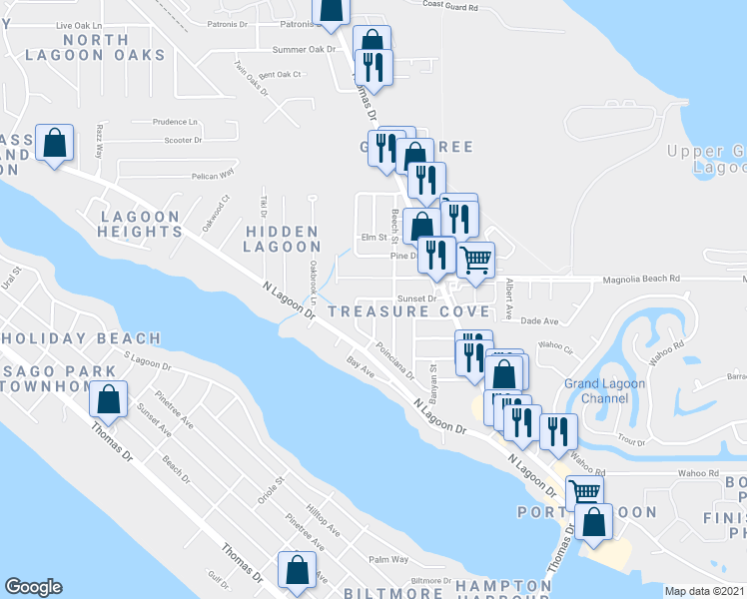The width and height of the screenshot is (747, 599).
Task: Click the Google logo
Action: click(x=33, y=587)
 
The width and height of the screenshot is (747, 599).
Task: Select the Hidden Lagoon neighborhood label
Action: click(x=282, y=239)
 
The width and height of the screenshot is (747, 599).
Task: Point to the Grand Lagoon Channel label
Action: click(x=604, y=390)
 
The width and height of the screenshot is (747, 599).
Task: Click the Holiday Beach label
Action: click(x=80, y=338)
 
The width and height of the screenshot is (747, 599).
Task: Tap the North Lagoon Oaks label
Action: click(x=94, y=47)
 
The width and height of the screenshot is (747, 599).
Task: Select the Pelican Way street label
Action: click(x=212, y=173)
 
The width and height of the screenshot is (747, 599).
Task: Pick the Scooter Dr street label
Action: click(x=184, y=141)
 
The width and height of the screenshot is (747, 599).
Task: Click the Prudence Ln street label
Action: click(x=176, y=122)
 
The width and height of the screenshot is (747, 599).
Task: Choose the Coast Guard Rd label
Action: click(x=449, y=6)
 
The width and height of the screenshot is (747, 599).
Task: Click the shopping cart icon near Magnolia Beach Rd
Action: click(x=477, y=260)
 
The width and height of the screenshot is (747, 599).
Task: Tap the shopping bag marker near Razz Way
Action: click(x=55, y=143)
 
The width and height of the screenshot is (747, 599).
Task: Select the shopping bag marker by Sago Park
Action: click(x=109, y=400)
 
